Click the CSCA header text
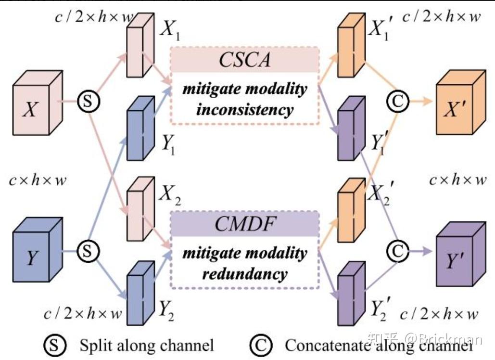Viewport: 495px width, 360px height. pos(244,61)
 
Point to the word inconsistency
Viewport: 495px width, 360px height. pos(244,109)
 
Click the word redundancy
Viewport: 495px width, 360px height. pos(244,274)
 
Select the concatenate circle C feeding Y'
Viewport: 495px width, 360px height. pos(397,250)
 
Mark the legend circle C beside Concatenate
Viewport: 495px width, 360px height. pos(261,345)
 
